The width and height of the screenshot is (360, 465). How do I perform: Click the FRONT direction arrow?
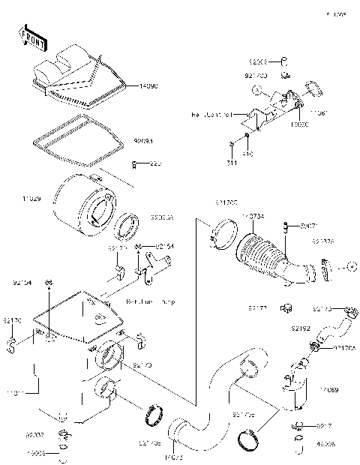pos(29,35)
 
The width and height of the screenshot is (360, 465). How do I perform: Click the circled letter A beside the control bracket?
pos(256,91)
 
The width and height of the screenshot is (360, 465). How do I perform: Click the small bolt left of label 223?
pos(133,163)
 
